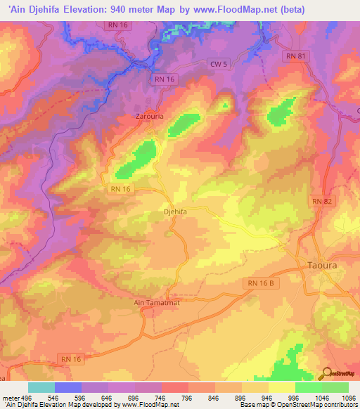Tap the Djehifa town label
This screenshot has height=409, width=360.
[x=175, y=210]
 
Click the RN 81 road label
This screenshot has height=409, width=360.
[x=296, y=55]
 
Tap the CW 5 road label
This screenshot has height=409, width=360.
[x=219, y=64]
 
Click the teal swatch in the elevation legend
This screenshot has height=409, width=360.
[x=41, y=387]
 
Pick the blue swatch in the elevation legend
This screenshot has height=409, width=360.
[x=68, y=387]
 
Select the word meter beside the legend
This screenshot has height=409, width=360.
[x=10, y=396]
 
